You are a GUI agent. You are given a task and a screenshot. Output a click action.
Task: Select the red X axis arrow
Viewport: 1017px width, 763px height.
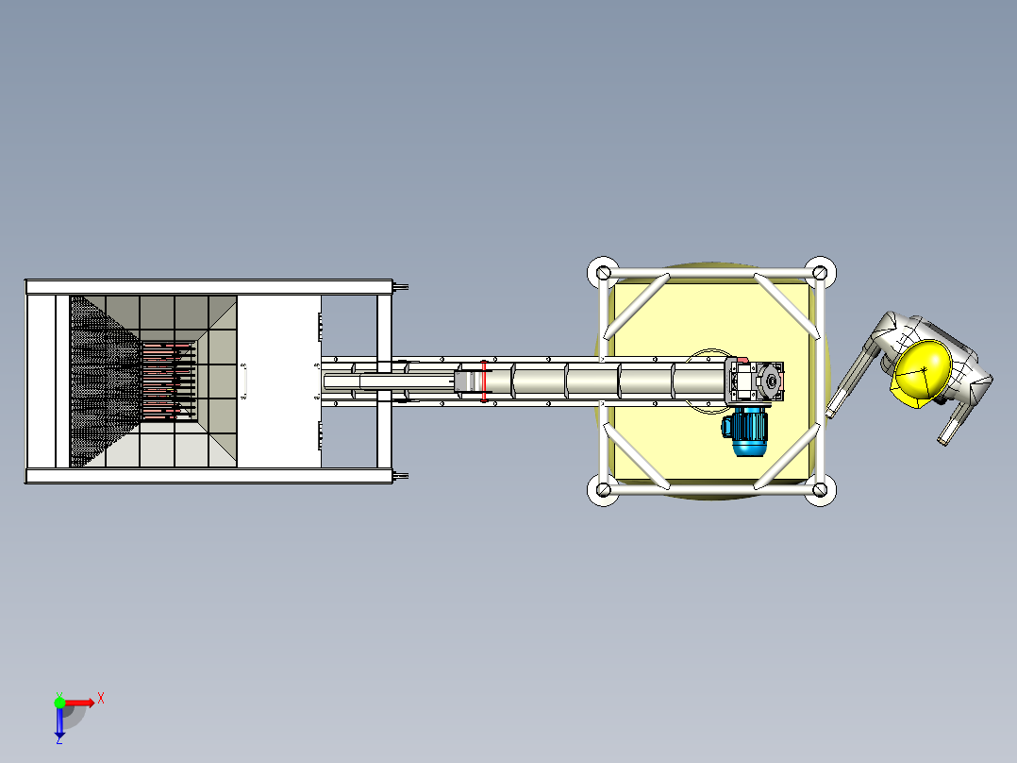[x=79, y=703]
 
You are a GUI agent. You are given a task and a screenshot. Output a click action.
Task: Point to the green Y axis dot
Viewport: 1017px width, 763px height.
[x=59, y=702]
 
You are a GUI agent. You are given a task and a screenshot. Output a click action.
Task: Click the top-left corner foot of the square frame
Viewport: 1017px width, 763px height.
[x=603, y=273]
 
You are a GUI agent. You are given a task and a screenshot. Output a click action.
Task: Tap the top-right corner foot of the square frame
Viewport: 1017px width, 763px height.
[x=820, y=273]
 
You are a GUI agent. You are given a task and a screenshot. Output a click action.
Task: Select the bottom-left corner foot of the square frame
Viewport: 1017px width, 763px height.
[x=603, y=489]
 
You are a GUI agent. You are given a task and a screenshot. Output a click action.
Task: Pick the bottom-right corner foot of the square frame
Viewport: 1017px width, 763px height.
[x=820, y=489]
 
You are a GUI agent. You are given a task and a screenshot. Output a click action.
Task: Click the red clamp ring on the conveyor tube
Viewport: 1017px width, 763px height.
[x=484, y=381]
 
